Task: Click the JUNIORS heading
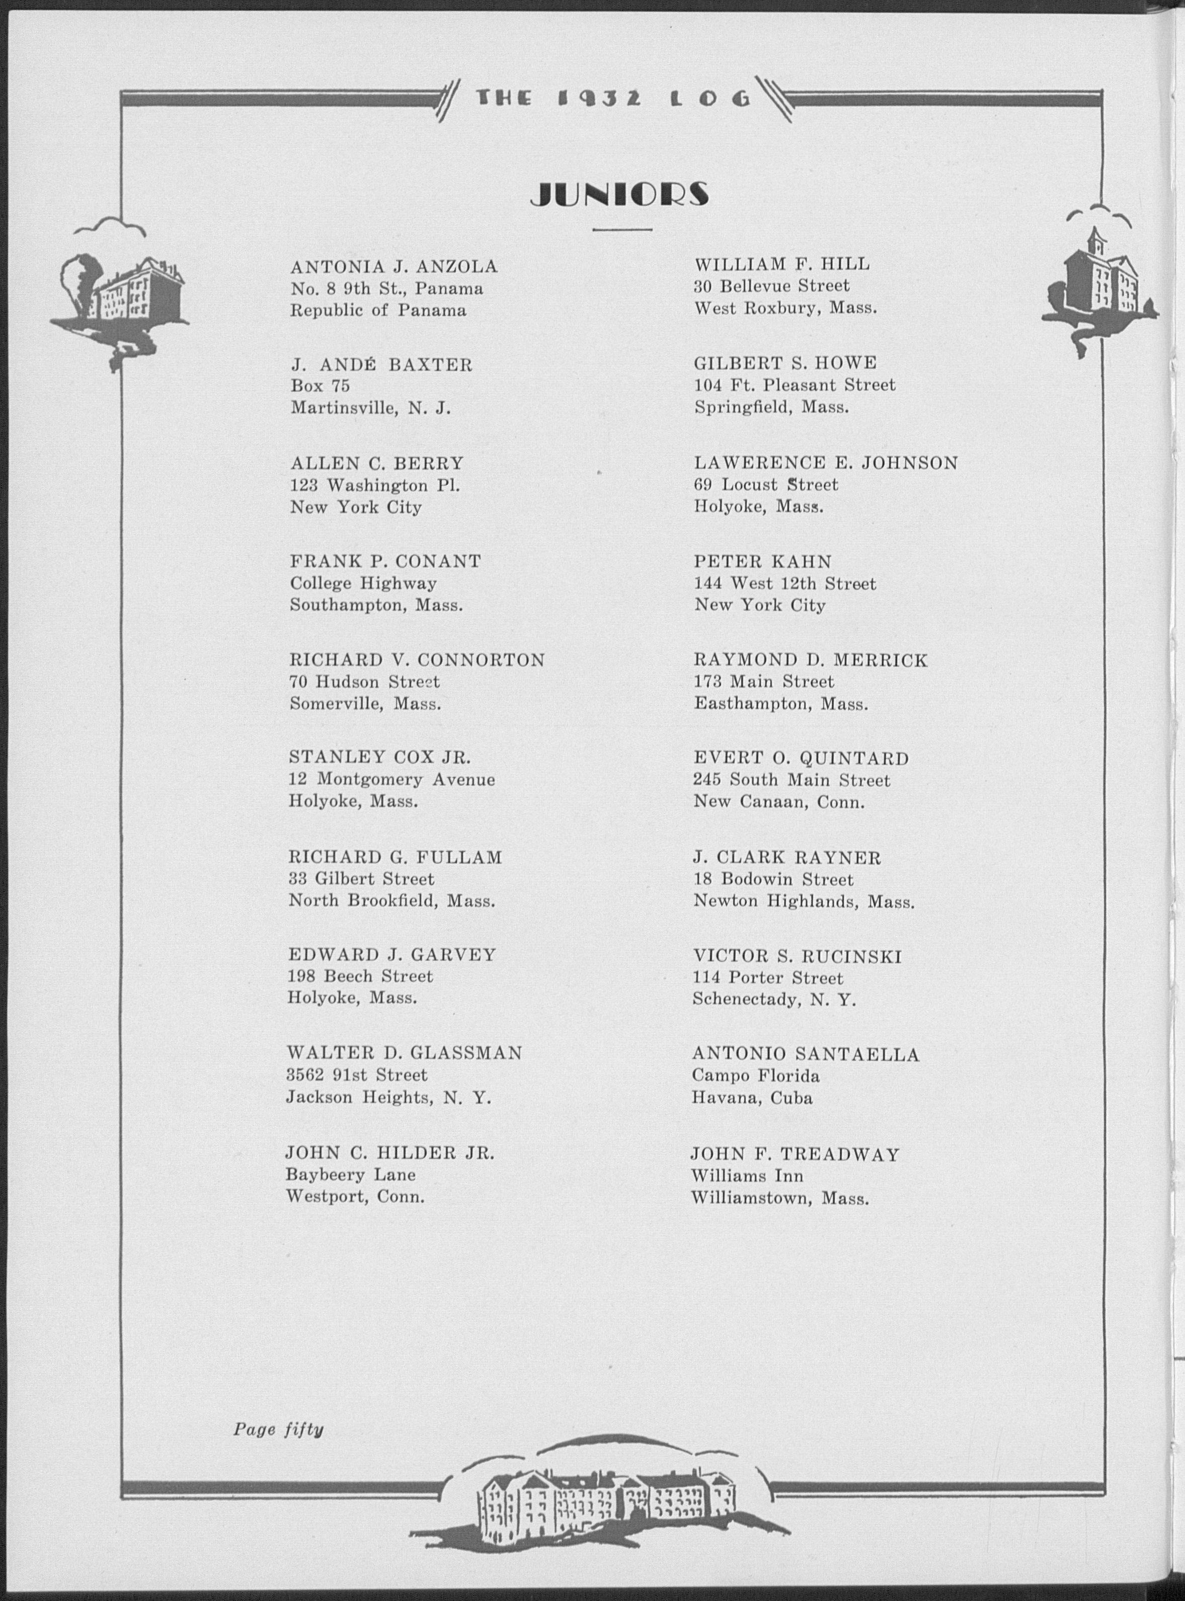[x=620, y=194]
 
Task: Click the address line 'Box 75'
[x=320, y=386]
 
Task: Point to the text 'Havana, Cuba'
[x=752, y=1098]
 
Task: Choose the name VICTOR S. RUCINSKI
[x=797, y=956]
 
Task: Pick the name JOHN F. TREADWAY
[x=795, y=1154]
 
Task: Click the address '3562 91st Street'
[x=357, y=1075]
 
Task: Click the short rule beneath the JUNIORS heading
[x=622, y=230]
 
